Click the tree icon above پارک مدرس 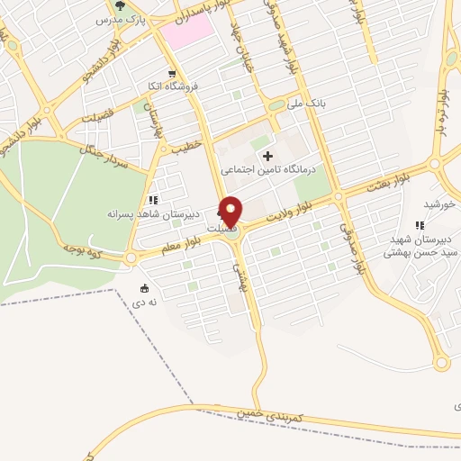[x=120, y=5]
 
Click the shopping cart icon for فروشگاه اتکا [x=171, y=74]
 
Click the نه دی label [x=145, y=303]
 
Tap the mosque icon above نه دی [x=144, y=288]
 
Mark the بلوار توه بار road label [x=443, y=106]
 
